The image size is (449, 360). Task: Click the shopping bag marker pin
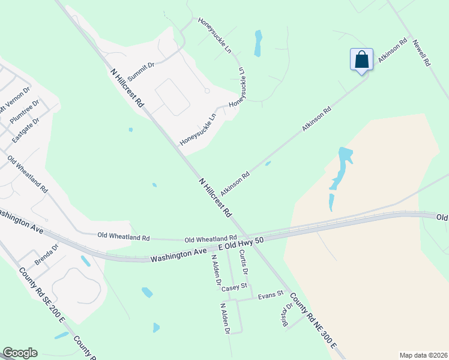361,60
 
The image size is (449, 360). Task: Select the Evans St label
270,295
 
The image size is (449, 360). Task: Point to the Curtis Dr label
243,262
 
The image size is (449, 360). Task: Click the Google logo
20,353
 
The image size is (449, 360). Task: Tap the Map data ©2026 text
423,355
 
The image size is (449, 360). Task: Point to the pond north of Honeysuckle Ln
258,43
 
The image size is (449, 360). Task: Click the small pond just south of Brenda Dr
86,262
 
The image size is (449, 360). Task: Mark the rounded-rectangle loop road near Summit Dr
173,96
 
